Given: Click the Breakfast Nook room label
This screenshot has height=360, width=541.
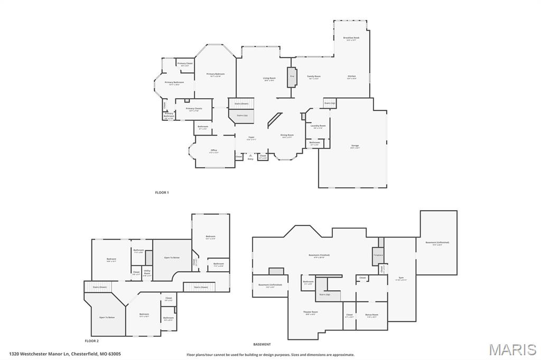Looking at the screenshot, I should [351, 39].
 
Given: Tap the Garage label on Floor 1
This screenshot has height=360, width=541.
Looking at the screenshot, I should [355, 146].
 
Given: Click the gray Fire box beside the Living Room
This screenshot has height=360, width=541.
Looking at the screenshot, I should [292, 77].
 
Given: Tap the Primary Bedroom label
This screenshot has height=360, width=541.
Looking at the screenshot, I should [216, 74].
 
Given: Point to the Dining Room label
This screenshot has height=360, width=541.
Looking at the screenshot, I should [286, 136].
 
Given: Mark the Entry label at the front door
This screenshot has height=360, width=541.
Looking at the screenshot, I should [250, 158].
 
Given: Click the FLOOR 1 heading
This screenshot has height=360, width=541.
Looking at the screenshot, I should [162, 193].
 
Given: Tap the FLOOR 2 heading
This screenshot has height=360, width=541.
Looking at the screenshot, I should [92, 341].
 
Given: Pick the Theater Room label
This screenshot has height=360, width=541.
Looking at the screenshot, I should [311, 312].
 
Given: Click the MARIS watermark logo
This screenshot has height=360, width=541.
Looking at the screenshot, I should [512, 349].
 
